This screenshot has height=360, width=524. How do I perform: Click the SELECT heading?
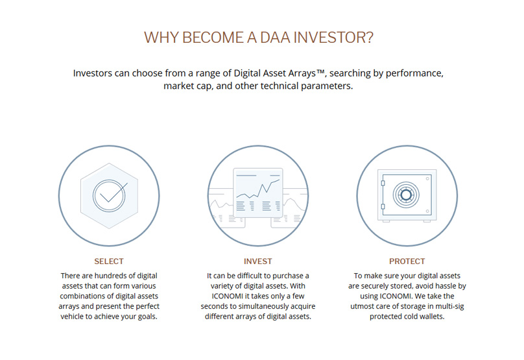click(x=109, y=261)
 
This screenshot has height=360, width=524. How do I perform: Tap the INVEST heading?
click(x=257, y=261)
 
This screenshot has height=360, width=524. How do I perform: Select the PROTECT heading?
click(x=407, y=261)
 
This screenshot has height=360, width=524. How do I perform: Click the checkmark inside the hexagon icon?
click(x=113, y=193)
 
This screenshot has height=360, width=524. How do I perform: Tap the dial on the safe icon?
click(x=406, y=195)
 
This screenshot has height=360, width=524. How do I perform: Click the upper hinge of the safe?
click(x=383, y=183)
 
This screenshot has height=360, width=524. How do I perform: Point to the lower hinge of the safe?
click(x=383, y=206)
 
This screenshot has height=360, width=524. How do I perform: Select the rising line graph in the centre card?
click(x=258, y=189)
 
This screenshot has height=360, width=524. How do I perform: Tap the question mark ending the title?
click(x=370, y=38)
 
